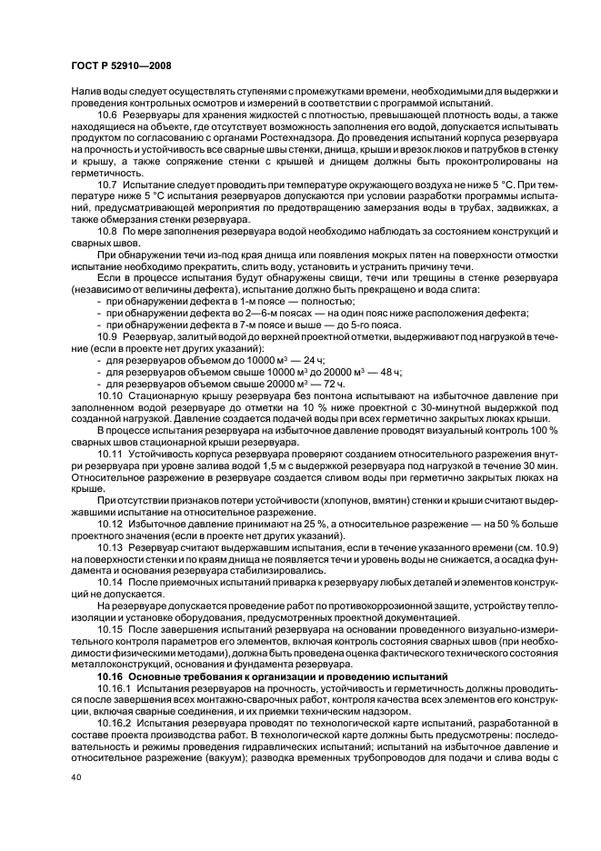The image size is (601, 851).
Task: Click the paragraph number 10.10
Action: pos(111,396)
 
